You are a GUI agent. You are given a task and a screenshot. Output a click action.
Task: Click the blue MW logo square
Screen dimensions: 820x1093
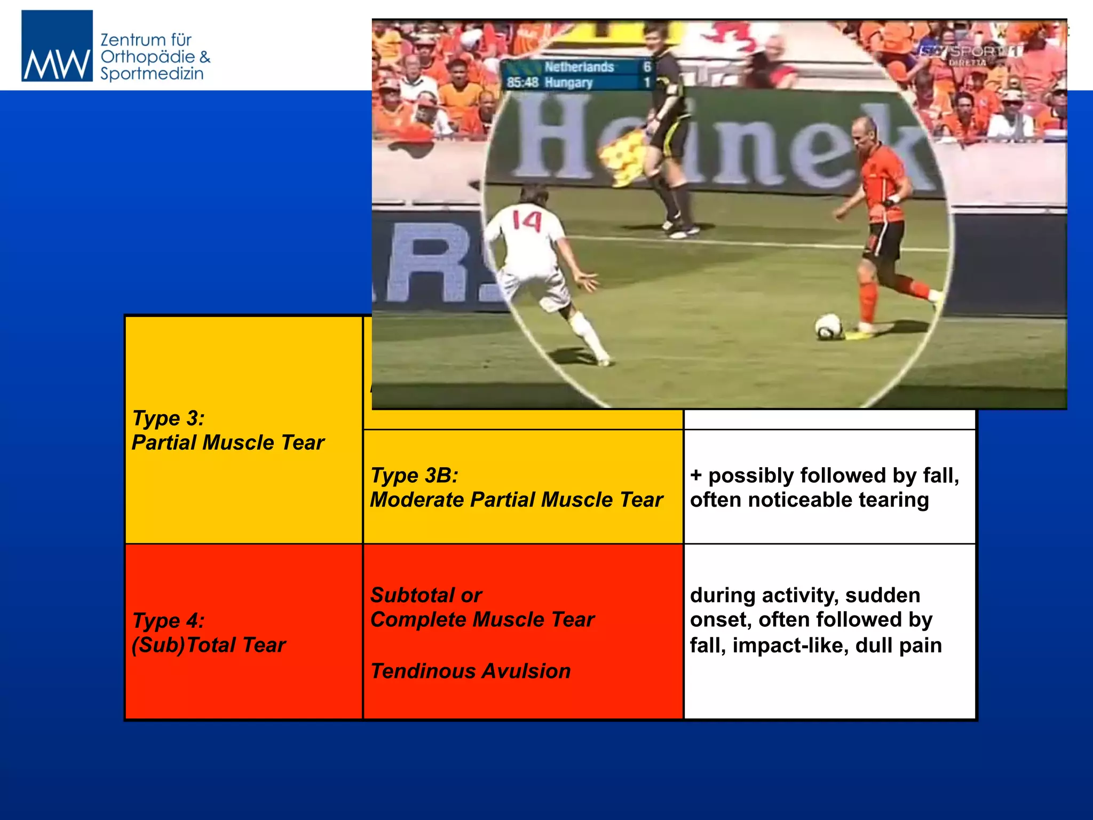click(x=57, y=46)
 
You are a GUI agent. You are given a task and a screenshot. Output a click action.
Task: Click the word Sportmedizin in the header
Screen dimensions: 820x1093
click(x=152, y=74)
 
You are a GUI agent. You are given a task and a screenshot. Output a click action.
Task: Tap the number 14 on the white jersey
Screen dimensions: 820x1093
click(x=527, y=221)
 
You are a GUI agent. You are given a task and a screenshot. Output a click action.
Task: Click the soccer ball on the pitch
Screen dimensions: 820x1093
click(x=828, y=326)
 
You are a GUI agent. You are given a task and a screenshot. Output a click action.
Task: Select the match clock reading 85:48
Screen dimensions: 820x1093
click(x=522, y=83)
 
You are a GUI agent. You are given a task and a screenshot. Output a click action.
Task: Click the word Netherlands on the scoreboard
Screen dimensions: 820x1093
click(x=579, y=67)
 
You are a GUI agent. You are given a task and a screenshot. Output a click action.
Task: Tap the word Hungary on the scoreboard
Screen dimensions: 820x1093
click(x=569, y=83)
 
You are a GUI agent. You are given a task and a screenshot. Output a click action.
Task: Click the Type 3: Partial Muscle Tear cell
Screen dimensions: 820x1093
click(x=228, y=430)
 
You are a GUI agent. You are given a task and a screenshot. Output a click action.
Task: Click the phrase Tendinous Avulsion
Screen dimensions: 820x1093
click(x=471, y=671)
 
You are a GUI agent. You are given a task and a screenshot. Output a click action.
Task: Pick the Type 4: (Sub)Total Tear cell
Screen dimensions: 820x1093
click(x=209, y=633)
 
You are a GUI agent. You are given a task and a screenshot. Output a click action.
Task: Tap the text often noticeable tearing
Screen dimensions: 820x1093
click(x=809, y=500)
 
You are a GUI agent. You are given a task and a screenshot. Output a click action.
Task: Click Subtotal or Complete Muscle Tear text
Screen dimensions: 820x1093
click(x=482, y=608)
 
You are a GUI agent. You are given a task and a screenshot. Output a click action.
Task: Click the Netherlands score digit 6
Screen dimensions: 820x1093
click(x=647, y=67)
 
